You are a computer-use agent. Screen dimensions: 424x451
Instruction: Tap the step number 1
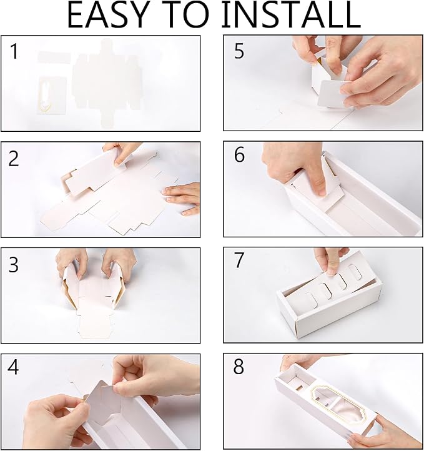coord(14,51)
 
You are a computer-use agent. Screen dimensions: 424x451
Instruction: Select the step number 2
coord(14,159)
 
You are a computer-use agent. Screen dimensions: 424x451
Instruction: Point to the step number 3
coord(14,265)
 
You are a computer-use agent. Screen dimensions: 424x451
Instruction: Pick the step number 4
coord(13,367)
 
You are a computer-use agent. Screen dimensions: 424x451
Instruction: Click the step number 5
coord(239,51)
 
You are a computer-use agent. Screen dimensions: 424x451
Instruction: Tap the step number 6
coord(239,155)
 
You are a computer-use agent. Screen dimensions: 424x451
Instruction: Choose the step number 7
coord(239,260)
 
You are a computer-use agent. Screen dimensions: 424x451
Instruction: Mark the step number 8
coord(239,367)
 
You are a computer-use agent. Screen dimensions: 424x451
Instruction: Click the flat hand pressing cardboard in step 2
coord(182,198)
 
